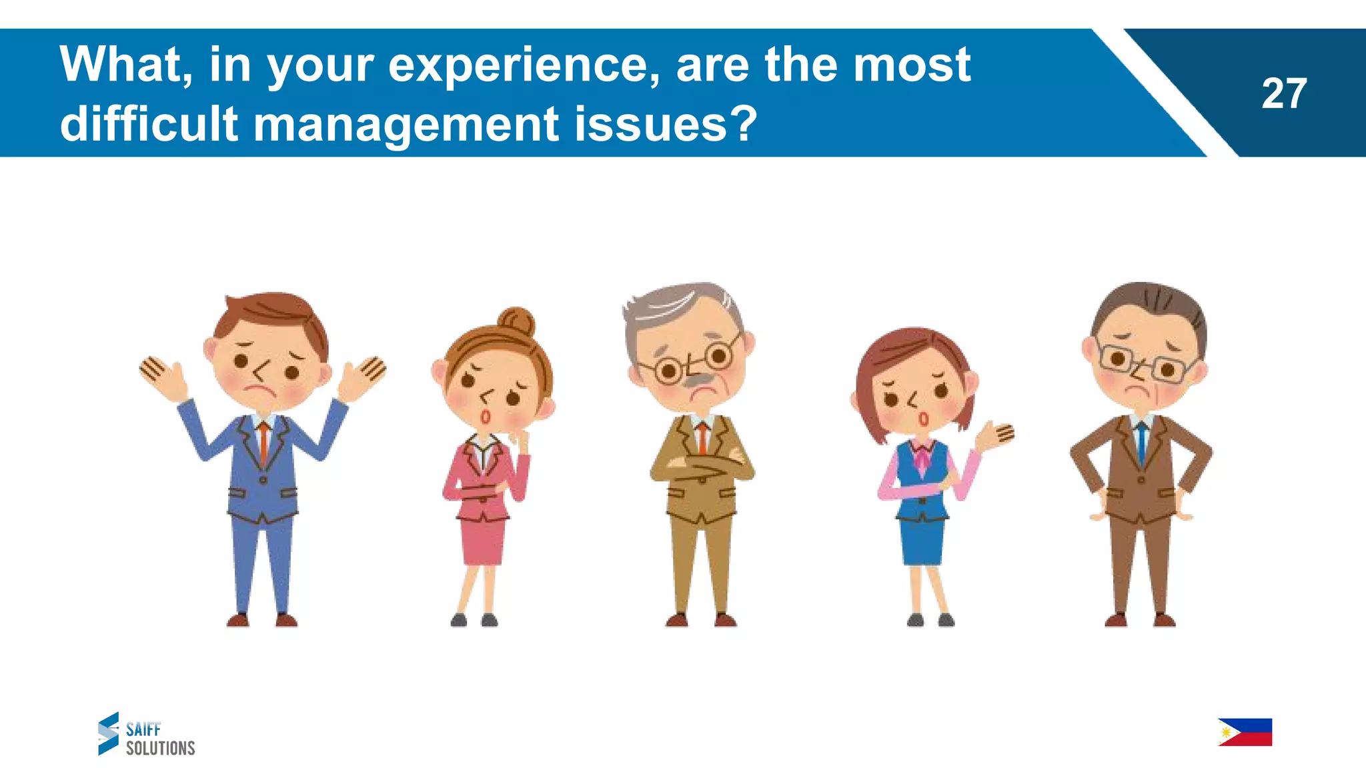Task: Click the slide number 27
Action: click(x=1283, y=94)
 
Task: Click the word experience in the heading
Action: click(x=524, y=65)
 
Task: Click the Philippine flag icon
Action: click(x=1245, y=732)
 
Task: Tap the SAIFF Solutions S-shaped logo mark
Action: click(x=108, y=733)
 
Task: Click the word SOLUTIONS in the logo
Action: click(x=160, y=749)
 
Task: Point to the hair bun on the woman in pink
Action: click(x=517, y=322)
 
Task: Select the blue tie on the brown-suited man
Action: click(x=1141, y=443)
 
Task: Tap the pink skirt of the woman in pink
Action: click(x=483, y=540)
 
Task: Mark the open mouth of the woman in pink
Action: click(x=486, y=417)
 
